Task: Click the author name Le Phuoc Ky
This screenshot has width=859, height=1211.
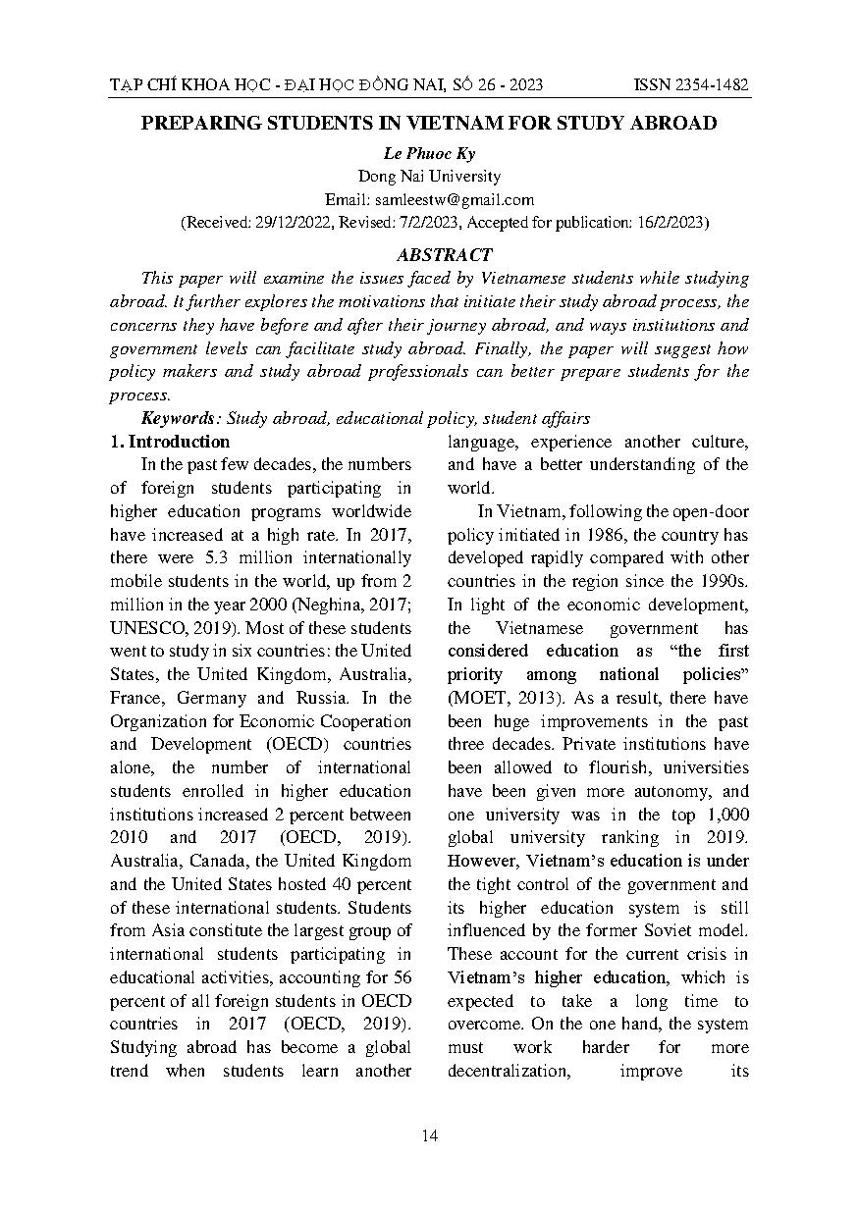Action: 429,154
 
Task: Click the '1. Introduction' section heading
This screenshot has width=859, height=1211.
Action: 170,442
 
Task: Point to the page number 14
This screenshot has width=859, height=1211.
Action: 429,1135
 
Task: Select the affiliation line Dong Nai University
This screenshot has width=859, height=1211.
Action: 429,177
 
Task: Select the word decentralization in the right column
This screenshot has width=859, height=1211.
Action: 509,1071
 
